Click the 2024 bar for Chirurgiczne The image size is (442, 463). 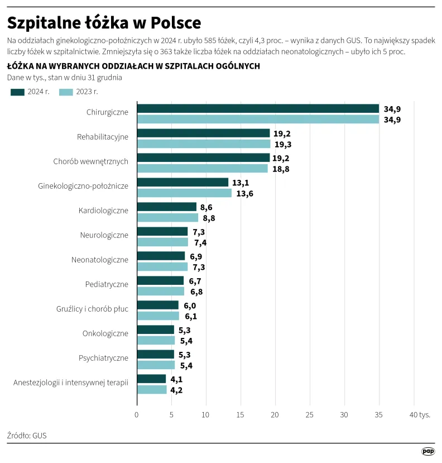coord(258,108)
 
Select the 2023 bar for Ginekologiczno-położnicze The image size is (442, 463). coord(184,193)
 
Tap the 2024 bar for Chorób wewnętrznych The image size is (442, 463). coord(203,157)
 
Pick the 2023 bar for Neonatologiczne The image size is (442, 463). coord(162,266)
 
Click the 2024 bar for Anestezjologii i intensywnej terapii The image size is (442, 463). coord(151,379)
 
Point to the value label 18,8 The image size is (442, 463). coord(281,169)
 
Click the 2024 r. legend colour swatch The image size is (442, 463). coord(17,92)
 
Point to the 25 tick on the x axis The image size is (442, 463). coord(310,414)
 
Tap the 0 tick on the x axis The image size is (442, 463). coord(137,414)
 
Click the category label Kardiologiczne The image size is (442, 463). coord(104,211)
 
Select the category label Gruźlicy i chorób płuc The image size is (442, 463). coord(92,309)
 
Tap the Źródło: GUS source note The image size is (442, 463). coord(27,435)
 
